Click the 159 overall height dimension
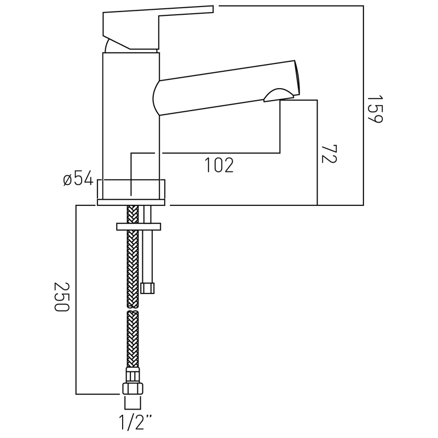375,109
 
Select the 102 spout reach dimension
219,165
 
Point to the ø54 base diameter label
78,178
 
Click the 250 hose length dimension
61,297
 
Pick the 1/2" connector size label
134,422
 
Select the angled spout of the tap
224,88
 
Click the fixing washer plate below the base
139,226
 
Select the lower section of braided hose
132,339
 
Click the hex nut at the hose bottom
132,388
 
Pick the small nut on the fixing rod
148,288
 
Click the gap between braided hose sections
132,309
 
